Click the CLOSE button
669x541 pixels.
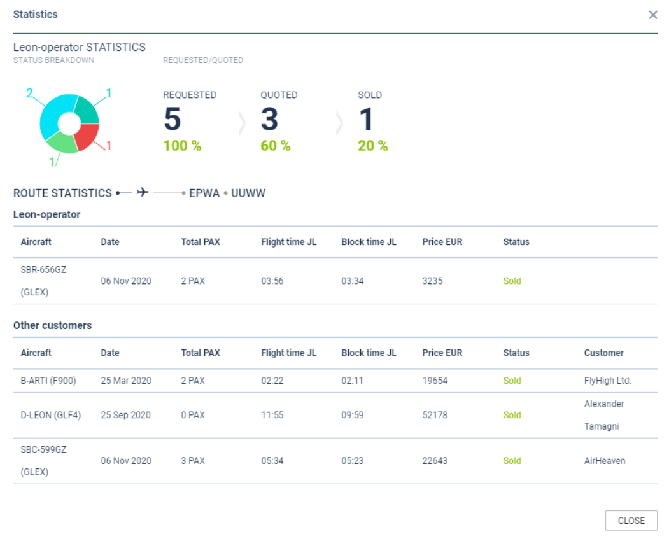coord(631,521)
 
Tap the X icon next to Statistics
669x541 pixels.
coord(653,15)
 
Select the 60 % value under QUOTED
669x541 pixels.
coord(276,146)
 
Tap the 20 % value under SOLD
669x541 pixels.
coord(373,146)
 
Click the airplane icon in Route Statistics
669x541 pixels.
coord(143,192)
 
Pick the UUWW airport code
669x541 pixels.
coord(248,193)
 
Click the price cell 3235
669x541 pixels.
coord(433,281)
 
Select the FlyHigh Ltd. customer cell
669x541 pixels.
coord(607,381)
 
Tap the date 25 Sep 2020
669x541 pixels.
coord(126,415)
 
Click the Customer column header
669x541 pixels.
coord(603,353)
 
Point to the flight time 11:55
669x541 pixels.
coord(272,415)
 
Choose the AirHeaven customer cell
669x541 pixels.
coord(605,461)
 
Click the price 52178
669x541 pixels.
coord(435,415)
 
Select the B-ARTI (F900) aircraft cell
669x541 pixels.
coord(48,381)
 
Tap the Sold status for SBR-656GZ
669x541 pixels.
coord(512,281)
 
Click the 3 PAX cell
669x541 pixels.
coord(193,461)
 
